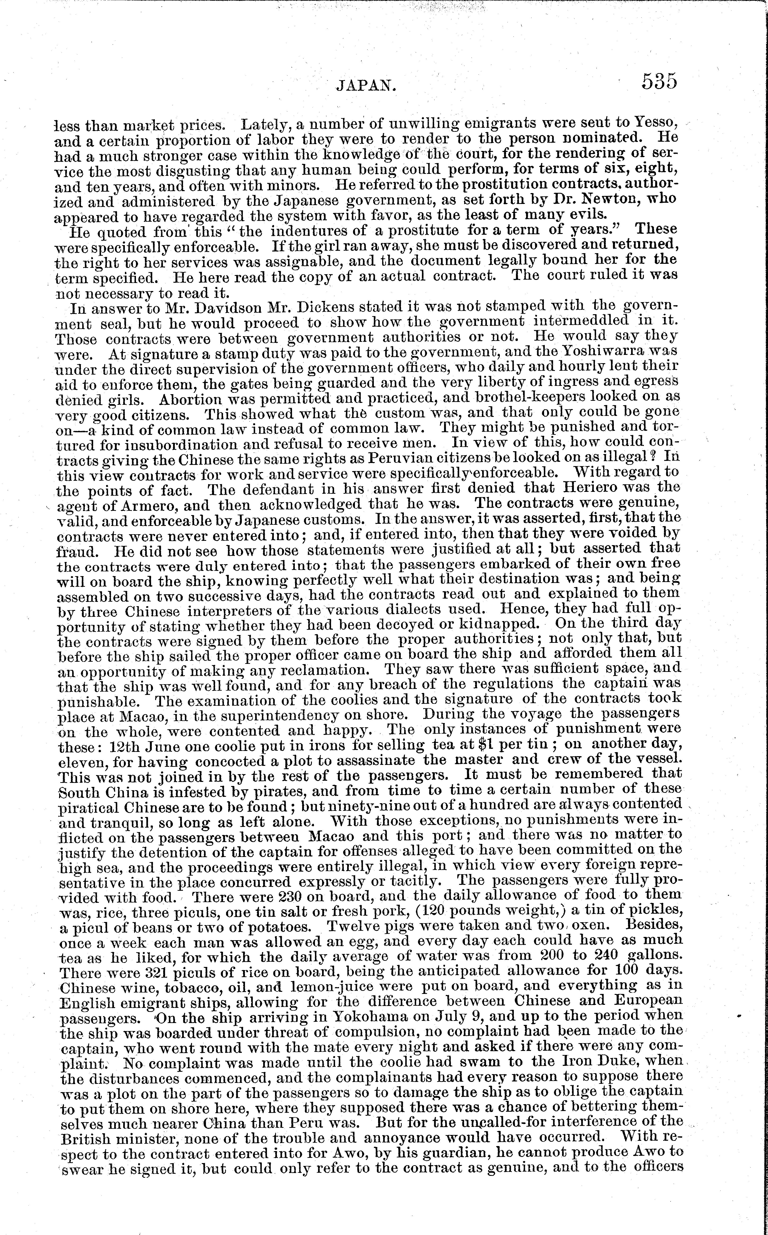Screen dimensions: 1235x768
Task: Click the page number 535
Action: (659, 81)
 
